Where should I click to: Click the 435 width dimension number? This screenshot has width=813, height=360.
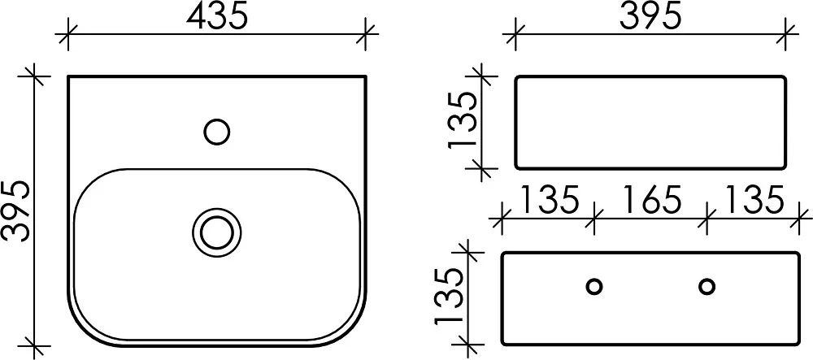(217, 17)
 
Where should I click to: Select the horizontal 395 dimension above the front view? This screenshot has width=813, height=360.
(650, 17)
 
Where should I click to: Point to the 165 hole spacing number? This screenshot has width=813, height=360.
(651, 200)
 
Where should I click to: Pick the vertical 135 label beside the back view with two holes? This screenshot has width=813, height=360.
(447, 297)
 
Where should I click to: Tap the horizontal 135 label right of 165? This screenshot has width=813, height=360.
(753, 200)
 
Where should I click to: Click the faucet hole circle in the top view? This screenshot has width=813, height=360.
(217, 132)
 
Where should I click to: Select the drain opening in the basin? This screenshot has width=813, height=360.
(217, 232)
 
